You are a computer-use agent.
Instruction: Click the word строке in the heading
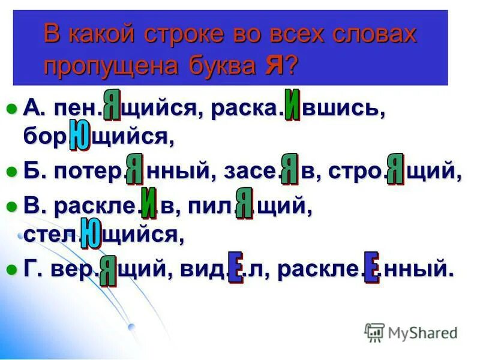coord(185,35)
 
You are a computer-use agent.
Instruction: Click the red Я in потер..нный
coord(134,169)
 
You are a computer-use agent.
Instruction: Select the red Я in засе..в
coord(290,169)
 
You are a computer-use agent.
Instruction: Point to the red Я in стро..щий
coord(395,169)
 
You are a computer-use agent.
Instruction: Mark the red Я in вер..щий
coord(108,271)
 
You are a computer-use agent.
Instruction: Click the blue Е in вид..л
coord(235,268)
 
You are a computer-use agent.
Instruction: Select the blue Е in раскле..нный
coord(371,268)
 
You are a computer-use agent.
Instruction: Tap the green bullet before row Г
coord(10,269)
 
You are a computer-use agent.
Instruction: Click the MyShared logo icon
coord(374,332)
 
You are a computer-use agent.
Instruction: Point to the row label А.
coord(31,109)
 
